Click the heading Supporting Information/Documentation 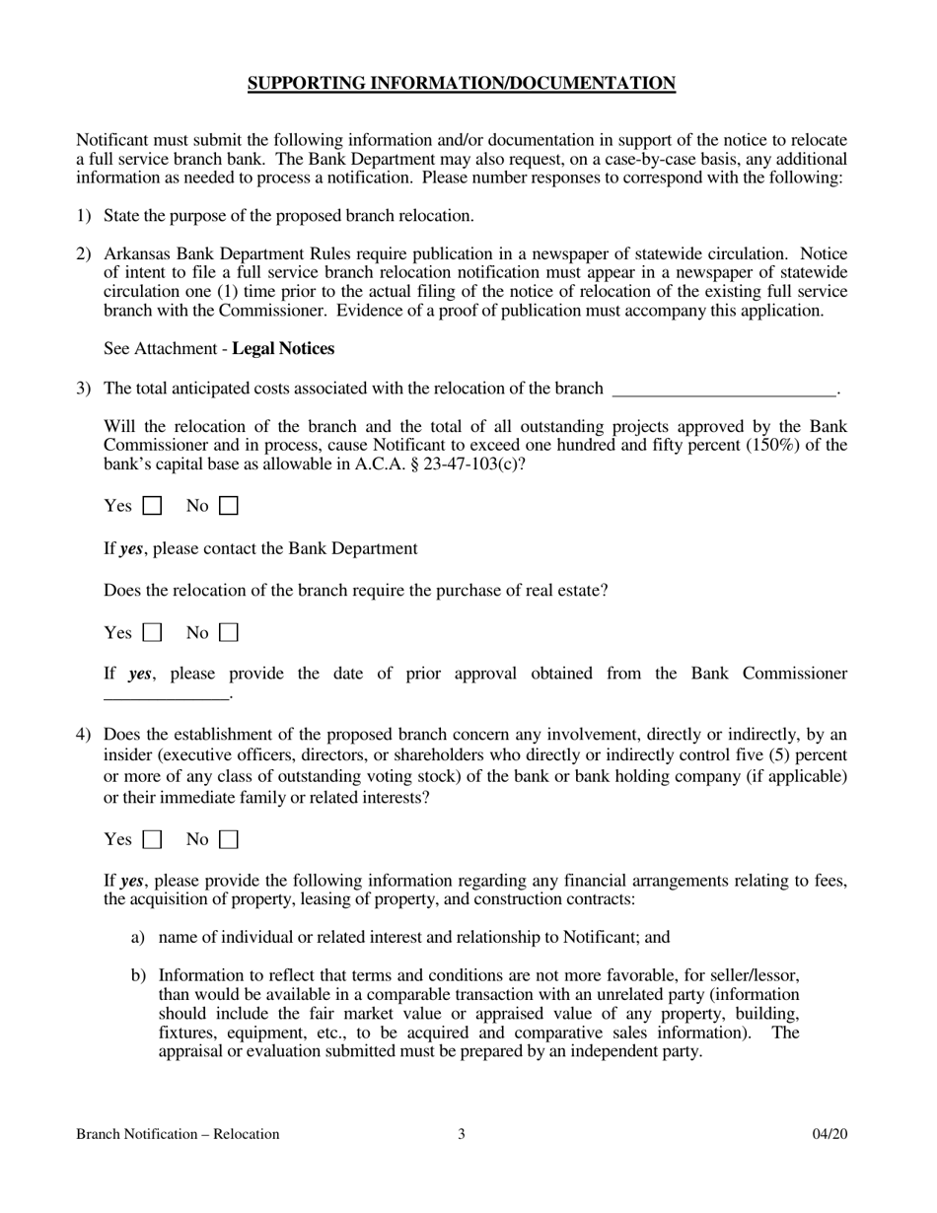point(461,84)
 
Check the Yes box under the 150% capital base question point(153,507)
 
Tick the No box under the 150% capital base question point(229,507)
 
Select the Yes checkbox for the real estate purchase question point(153,633)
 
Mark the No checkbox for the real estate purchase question point(229,633)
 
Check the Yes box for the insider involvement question point(153,840)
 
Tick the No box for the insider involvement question point(229,840)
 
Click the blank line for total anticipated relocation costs point(723,390)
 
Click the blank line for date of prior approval point(166,695)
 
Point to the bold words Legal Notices point(283,349)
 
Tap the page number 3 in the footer point(461,1134)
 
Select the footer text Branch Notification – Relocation point(178,1134)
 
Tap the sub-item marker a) point(138,938)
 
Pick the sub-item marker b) point(138,975)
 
